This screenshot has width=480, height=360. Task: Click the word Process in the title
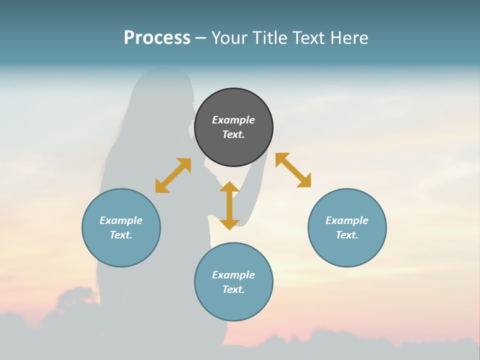coord(157,38)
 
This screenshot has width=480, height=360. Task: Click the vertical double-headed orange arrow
coord(229,205)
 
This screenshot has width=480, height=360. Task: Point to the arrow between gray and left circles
coord(173,175)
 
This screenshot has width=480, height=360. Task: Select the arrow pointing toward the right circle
coord(293,170)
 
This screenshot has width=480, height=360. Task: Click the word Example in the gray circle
coord(233,120)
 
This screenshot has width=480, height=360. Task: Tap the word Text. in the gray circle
coord(233,134)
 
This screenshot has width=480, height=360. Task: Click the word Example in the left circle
coord(121,220)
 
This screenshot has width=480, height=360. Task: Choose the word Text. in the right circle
coord(347,235)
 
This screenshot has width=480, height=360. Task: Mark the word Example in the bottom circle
coord(233,275)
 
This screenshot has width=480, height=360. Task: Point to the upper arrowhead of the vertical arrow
coord(229,186)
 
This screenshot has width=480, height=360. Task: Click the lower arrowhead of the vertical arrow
coord(229,224)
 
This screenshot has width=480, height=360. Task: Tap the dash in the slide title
coord(201,38)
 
